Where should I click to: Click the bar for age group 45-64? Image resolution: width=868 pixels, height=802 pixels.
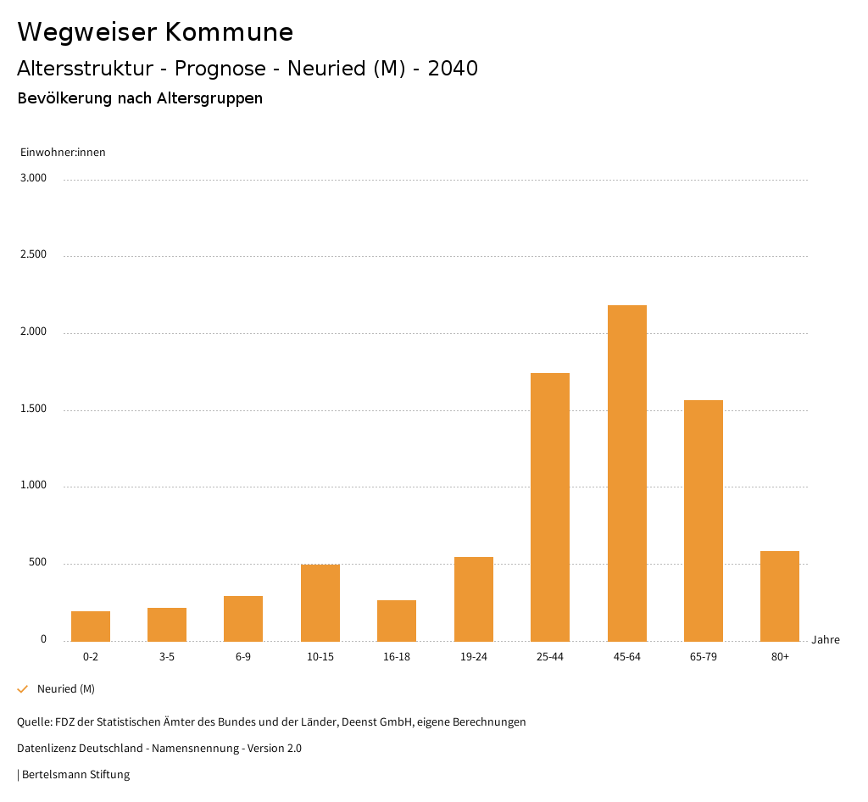tap(626, 473)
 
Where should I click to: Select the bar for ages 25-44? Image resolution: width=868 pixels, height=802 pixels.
tap(550, 507)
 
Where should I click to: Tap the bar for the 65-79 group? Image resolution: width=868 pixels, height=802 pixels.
tap(704, 521)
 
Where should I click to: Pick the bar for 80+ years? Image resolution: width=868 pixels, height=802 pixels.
tap(780, 596)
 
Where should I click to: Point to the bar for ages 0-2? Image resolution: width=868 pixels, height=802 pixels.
tap(91, 626)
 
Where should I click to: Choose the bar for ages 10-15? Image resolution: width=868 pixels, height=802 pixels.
tap(320, 603)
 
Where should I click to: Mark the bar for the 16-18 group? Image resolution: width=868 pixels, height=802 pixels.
tap(397, 621)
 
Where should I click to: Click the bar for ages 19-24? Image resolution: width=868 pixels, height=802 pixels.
tap(474, 599)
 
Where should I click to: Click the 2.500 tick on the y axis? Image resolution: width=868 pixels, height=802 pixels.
tap(33, 255)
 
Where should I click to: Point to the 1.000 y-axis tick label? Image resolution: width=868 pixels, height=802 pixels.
tap(33, 486)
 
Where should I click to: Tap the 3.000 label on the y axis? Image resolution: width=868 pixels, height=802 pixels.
tap(33, 178)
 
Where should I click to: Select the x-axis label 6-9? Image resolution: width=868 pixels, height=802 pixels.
tap(243, 657)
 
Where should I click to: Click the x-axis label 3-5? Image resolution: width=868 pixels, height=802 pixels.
tap(167, 657)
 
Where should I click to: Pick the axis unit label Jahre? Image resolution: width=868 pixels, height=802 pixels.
tap(826, 640)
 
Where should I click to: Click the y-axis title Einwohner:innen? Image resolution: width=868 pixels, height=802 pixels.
tap(63, 153)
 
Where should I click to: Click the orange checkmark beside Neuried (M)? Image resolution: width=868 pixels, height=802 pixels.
tap(23, 689)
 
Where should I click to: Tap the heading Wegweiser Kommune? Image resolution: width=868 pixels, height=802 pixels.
tap(155, 32)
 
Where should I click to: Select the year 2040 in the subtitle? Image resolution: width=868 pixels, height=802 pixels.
tap(453, 69)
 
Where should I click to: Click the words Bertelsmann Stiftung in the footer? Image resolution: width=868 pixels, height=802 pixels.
tap(75, 775)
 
